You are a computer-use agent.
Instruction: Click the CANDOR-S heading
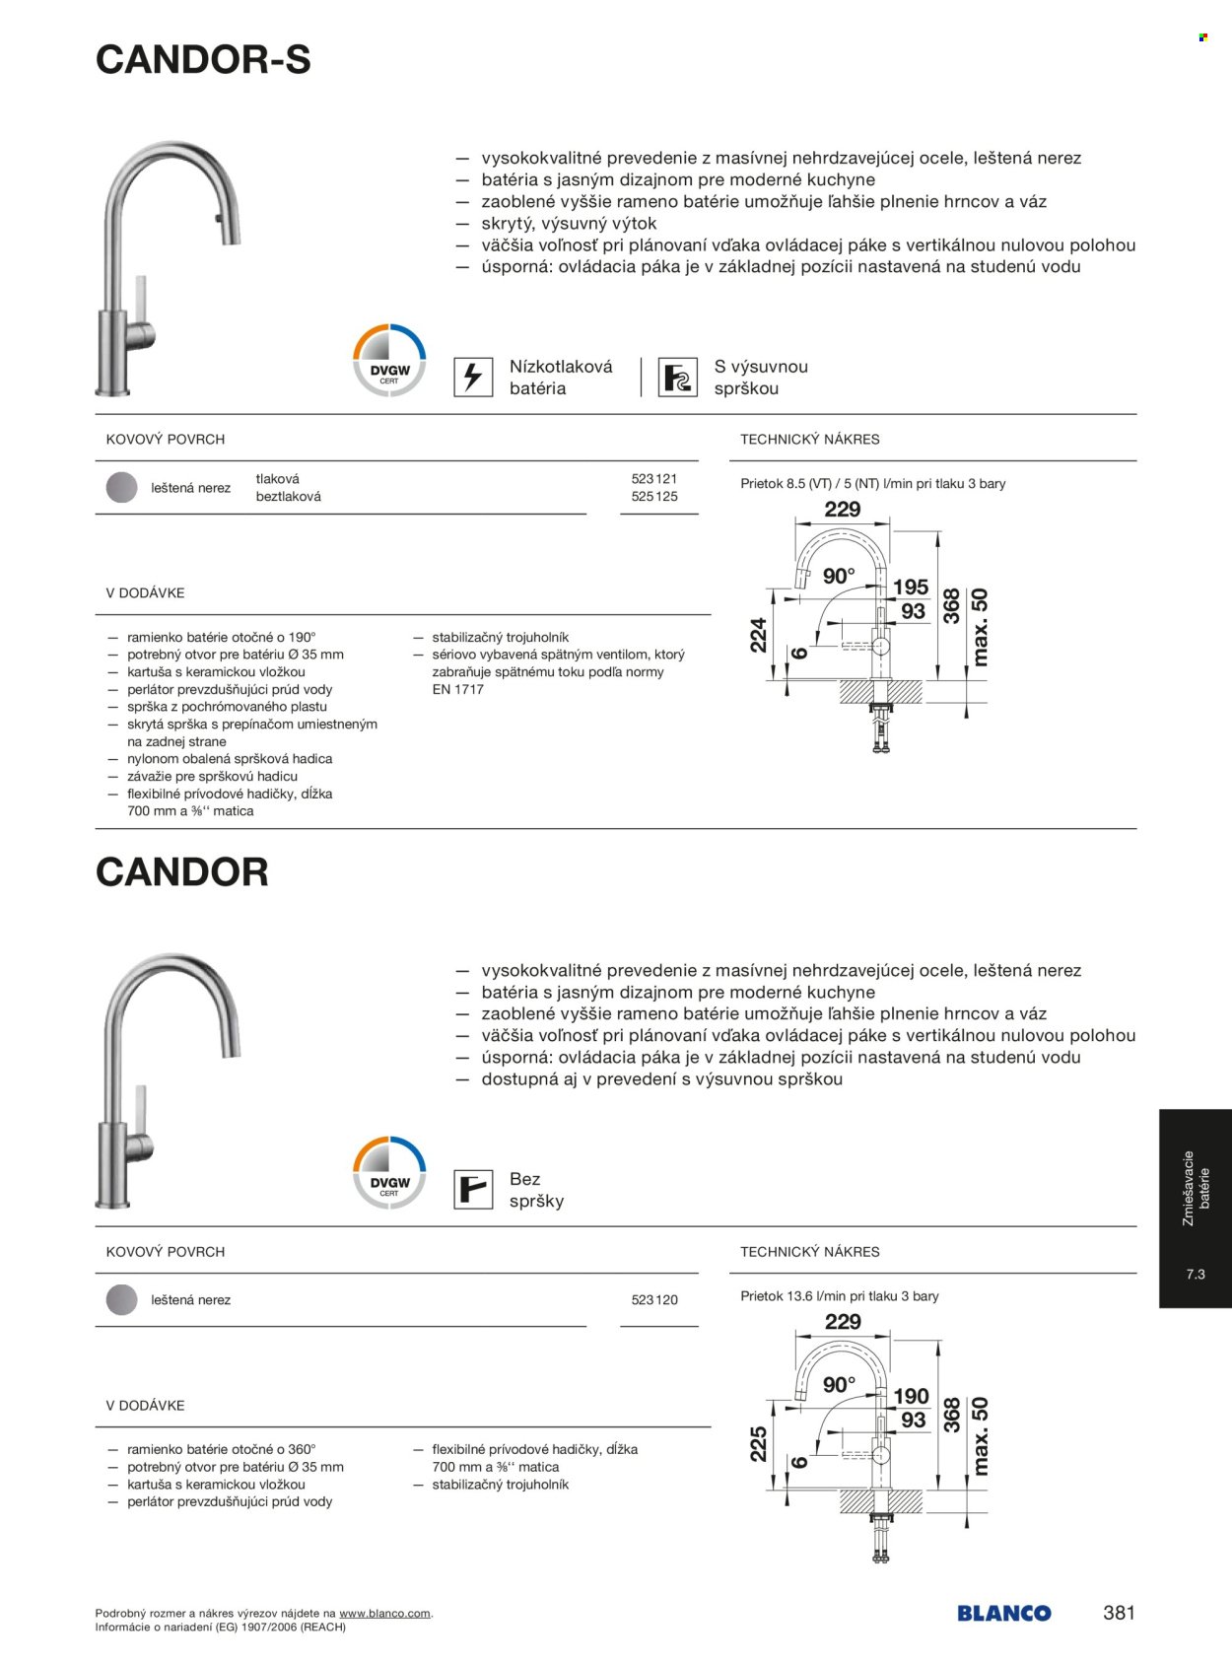(x=203, y=60)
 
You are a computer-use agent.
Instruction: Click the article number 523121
(x=654, y=479)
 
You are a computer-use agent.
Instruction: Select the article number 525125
(x=654, y=497)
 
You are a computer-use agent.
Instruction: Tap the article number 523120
(x=654, y=1300)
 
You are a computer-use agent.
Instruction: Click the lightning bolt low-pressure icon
(x=473, y=377)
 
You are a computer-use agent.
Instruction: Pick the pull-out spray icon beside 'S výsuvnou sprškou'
(x=677, y=377)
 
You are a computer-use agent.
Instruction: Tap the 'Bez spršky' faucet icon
(x=473, y=1189)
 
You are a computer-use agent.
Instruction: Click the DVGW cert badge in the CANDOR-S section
(x=389, y=361)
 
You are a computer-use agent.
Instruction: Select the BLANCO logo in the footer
(x=1003, y=1614)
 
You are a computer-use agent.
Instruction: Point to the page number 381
(x=1119, y=1613)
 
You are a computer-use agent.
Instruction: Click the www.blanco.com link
(x=384, y=1614)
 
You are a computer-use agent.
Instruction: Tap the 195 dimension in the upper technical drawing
(x=911, y=588)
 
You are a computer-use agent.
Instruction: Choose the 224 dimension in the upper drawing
(x=758, y=636)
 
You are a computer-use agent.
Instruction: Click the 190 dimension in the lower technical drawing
(x=911, y=1396)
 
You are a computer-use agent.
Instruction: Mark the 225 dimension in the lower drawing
(x=758, y=1444)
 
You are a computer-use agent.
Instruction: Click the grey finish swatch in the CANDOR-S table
(x=121, y=488)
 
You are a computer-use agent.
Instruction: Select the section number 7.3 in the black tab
(x=1196, y=1275)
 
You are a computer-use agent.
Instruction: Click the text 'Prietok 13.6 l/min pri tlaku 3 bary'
(x=840, y=1296)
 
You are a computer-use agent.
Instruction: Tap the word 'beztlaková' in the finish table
(x=288, y=497)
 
